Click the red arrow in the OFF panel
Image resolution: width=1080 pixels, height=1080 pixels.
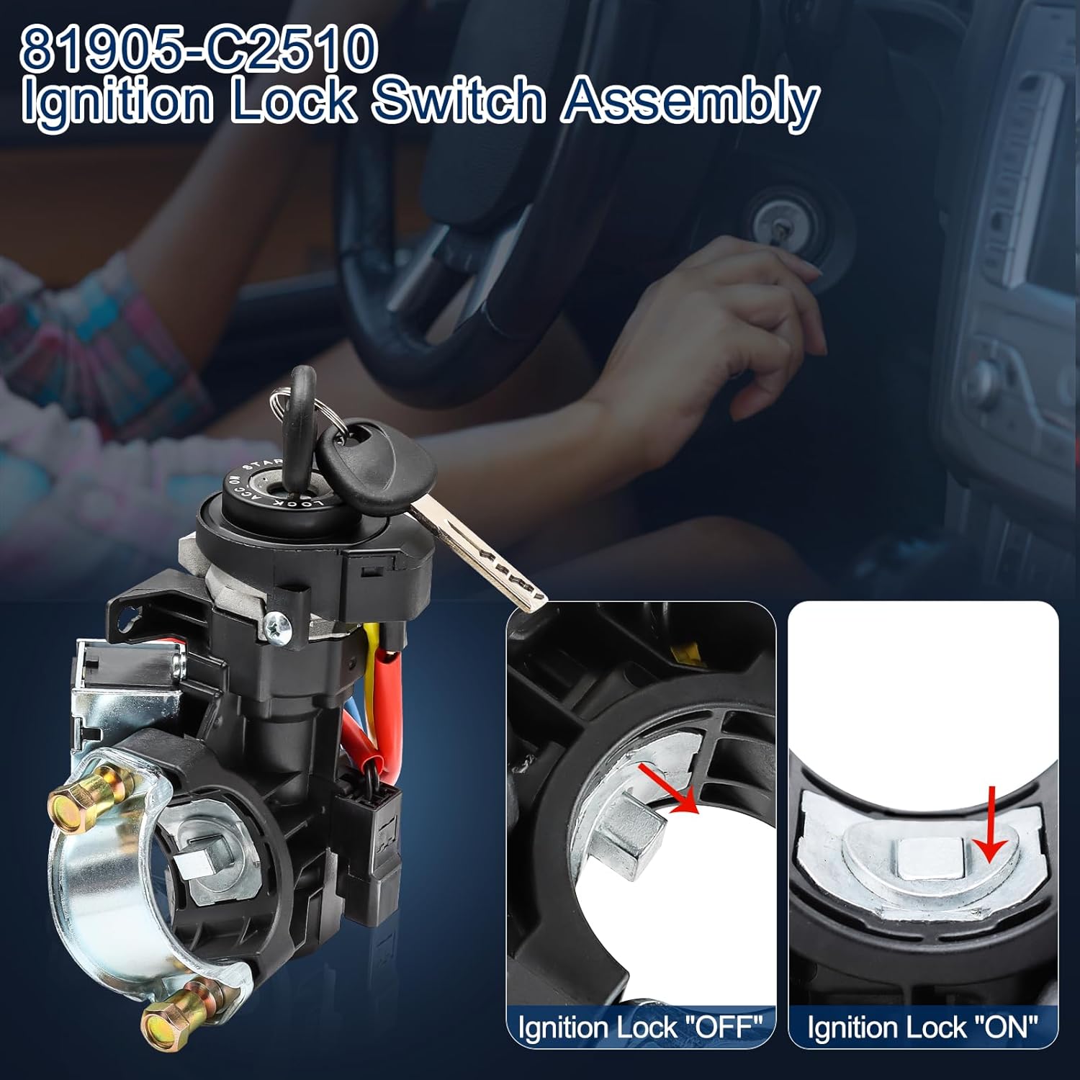[668, 788]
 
